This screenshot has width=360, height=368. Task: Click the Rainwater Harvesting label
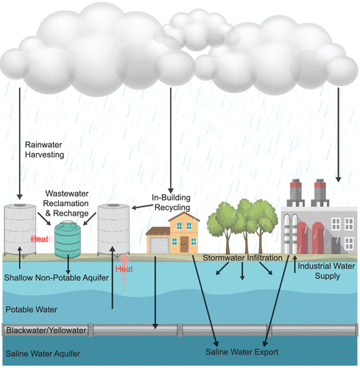pyautogui.click(x=45, y=150)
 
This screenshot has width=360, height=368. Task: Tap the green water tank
pyautogui.click(x=68, y=238)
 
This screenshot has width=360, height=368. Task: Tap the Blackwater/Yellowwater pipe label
pyautogui.click(x=46, y=330)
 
